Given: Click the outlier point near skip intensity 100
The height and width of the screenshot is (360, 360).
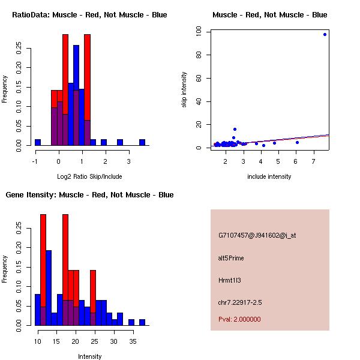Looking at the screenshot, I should click(x=325, y=34).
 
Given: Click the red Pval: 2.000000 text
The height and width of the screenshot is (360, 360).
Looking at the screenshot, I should click(x=239, y=319).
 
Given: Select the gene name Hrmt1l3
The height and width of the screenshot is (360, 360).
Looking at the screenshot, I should click(x=231, y=280).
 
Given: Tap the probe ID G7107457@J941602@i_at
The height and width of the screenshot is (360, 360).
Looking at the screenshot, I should click(x=257, y=235).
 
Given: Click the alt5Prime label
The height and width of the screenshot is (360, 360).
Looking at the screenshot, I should click(x=231, y=258).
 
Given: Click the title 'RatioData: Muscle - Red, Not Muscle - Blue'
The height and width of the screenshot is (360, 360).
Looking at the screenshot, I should click(x=89, y=15).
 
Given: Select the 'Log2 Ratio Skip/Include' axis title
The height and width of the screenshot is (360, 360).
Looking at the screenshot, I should click(x=89, y=176).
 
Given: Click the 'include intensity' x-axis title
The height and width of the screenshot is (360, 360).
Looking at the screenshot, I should click(x=269, y=176).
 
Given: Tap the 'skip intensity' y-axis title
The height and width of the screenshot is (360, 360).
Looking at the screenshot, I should click(x=184, y=90).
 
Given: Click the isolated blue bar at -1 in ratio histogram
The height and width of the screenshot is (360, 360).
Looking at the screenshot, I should click(x=38, y=142).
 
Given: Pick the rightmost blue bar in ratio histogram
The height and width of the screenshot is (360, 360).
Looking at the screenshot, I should click(x=142, y=142).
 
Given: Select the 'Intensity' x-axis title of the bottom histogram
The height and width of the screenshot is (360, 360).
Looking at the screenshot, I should click(x=89, y=356).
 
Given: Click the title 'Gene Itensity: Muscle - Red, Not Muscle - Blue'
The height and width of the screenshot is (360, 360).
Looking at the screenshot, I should click(x=89, y=195).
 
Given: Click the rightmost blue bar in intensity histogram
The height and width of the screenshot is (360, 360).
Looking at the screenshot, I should click(x=142, y=322).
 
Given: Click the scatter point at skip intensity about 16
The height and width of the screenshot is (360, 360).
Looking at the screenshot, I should click(x=235, y=129).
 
